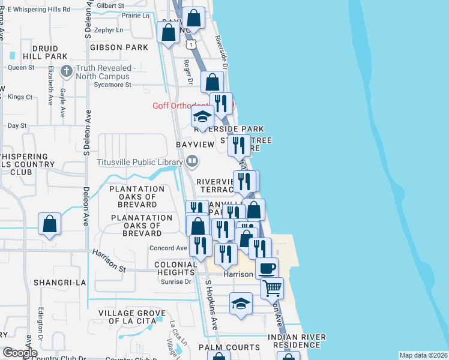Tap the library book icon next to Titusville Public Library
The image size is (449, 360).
192,160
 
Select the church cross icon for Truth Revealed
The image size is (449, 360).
66,71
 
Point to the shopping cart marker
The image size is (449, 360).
272,288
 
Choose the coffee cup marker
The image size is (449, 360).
267,268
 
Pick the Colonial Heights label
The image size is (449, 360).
176,268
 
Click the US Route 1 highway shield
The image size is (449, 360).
190,45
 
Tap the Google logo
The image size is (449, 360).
20,353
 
